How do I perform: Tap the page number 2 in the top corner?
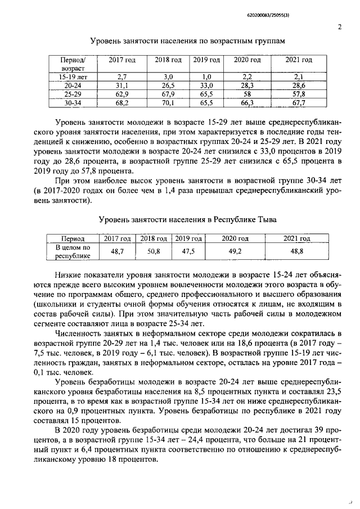[x=339, y=26]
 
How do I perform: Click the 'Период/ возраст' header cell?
[x=72, y=64]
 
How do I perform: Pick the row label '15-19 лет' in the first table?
[x=72, y=76]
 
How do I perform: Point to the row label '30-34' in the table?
[x=72, y=103]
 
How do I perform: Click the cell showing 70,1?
[x=168, y=103]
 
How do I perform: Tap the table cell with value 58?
[x=247, y=94]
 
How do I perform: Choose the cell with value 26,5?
[x=168, y=85]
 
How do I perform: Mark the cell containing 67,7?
[x=299, y=103]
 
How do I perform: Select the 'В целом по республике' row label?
[x=72, y=251]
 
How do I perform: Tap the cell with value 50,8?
[x=154, y=251]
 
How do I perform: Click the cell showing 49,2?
[x=231, y=251]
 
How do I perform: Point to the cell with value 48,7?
[x=118, y=251]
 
